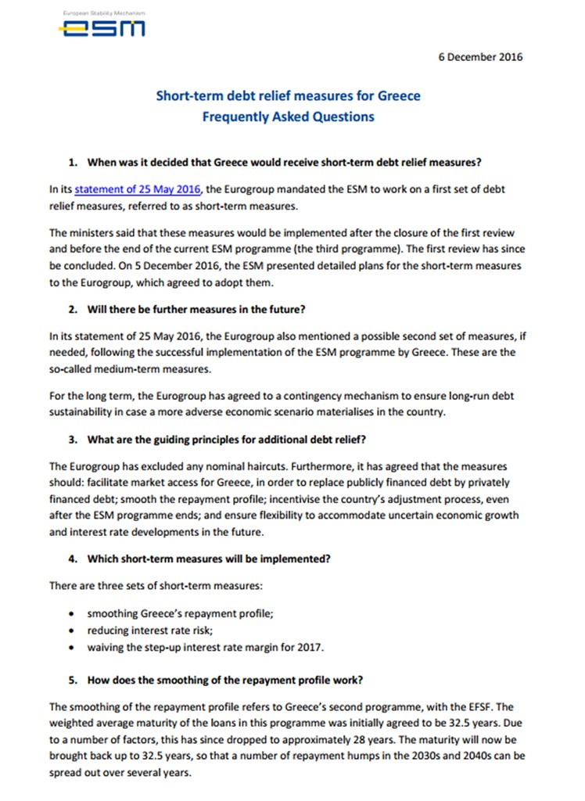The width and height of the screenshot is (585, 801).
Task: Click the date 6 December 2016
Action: (479, 56)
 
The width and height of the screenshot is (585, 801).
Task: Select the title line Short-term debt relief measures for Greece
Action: (288, 96)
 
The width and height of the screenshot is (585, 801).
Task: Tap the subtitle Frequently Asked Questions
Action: (288, 117)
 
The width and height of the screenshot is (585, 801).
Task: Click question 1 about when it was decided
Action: (284, 163)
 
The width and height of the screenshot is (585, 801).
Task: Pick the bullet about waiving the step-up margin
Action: (204, 647)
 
